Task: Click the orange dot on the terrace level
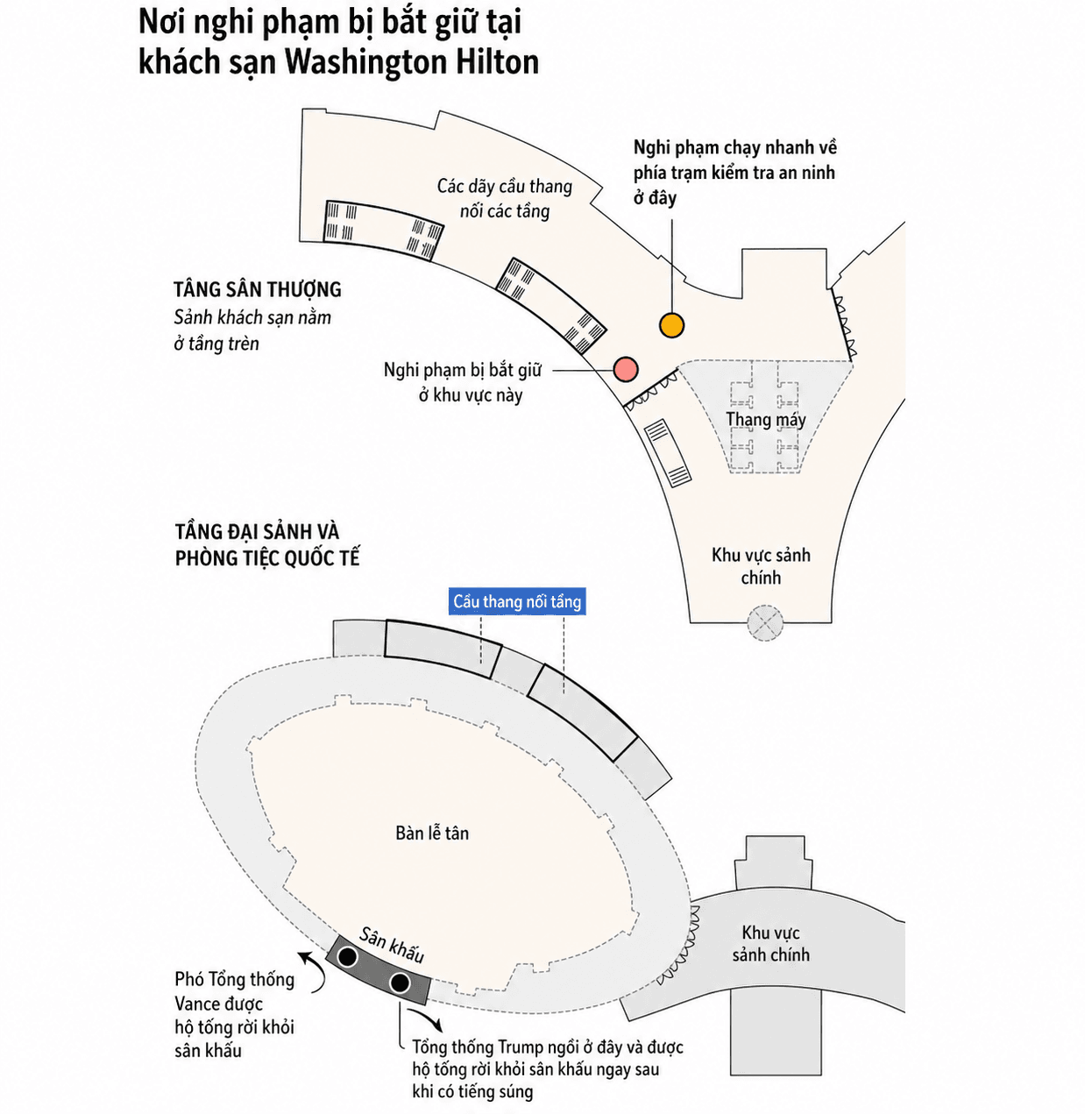point(671,325)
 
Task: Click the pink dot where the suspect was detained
point(625,369)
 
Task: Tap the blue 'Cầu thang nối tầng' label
point(517,601)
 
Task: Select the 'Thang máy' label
point(765,420)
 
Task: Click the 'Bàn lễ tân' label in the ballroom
point(432,833)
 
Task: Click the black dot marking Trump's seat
point(400,983)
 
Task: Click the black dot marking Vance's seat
point(347,956)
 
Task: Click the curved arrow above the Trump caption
point(427,1016)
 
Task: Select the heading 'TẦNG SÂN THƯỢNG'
point(258,289)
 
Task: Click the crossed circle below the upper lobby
point(765,623)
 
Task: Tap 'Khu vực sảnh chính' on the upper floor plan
point(761,566)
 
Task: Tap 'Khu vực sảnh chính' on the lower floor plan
point(770,943)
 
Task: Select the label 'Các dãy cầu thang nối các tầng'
point(505,199)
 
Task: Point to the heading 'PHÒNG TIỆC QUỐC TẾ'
point(267,557)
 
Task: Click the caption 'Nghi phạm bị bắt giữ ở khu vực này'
point(463,382)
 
